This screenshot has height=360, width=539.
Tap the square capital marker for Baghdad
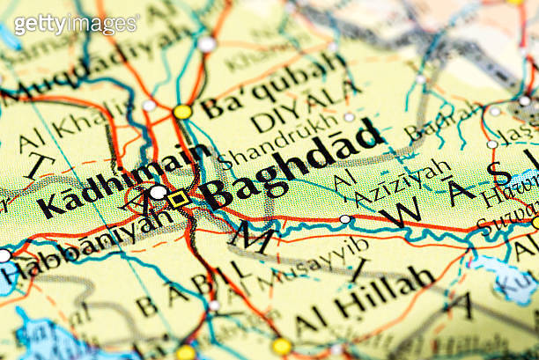[x=179, y=199]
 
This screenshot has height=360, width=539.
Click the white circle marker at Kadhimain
[x=159, y=192]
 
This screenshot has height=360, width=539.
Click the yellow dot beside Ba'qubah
[x=182, y=112]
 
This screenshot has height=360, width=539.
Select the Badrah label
[x=444, y=124]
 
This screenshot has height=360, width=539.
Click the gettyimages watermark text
[x=76, y=23]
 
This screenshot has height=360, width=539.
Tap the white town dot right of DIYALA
[x=350, y=117]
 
